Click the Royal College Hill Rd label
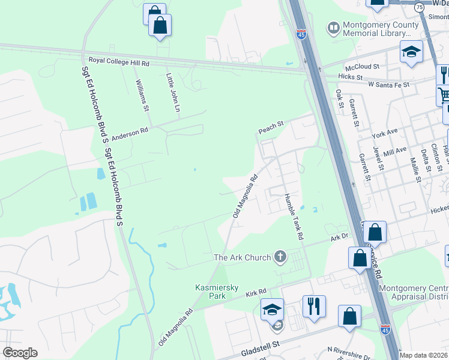(x=119, y=61)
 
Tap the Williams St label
(x=141, y=95)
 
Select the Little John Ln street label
(x=173, y=93)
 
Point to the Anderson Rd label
(x=128, y=132)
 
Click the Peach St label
(x=270, y=127)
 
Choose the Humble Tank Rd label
(x=293, y=217)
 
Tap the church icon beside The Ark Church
(x=279, y=257)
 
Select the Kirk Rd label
(x=256, y=294)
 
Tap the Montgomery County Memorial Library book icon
(x=333, y=28)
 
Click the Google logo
(x=20, y=353)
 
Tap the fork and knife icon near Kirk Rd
(x=314, y=307)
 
